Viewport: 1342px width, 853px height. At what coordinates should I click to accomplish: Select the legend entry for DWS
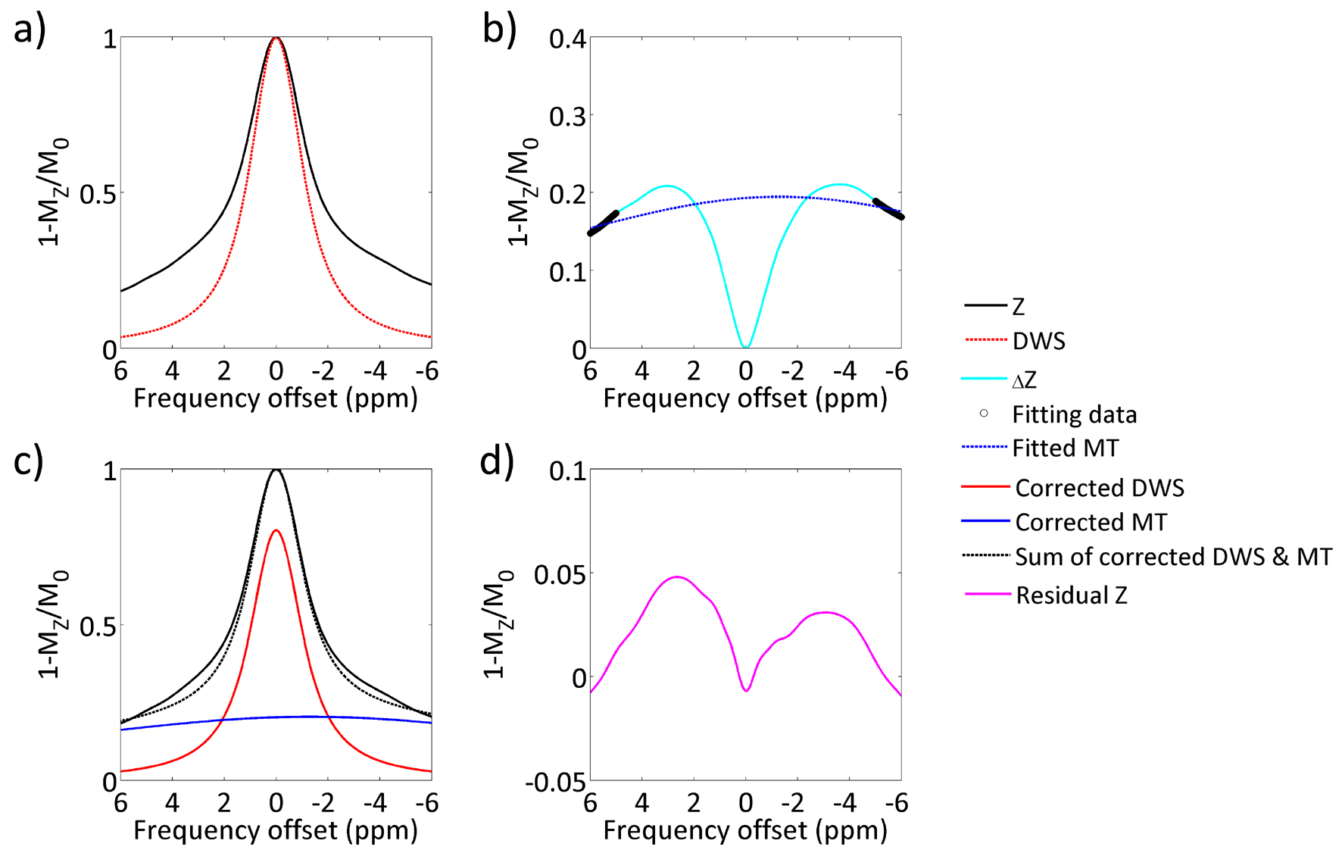tap(1038, 341)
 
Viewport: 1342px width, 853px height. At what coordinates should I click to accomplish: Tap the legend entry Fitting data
tap(1074, 414)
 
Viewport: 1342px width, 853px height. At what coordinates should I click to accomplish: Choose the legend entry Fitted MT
tap(1065, 448)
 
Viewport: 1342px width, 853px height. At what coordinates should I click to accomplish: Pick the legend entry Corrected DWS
tap(1099, 488)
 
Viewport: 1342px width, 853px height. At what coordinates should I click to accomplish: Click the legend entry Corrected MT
tap(1091, 522)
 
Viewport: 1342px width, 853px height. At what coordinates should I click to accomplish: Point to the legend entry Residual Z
tap(1071, 595)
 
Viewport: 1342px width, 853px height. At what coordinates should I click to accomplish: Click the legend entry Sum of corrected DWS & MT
tap(1173, 557)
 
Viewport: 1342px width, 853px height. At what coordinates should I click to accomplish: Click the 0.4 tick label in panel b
tap(567, 39)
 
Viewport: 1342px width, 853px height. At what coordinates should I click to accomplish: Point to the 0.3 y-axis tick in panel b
tap(567, 117)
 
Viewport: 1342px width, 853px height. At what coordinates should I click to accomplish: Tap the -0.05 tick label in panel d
tap(555, 782)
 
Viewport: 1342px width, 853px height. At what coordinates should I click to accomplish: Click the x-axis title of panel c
tap(276, 830)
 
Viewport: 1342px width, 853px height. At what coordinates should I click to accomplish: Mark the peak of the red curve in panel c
tap(276, 530)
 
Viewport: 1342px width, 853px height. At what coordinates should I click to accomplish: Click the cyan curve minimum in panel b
tap(746, 347)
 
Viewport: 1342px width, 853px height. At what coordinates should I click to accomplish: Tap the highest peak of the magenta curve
tap(677, 577)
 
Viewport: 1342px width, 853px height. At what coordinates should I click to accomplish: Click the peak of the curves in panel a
tap(276, 38)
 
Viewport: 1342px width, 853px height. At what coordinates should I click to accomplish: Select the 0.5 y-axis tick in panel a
tap(98, 195)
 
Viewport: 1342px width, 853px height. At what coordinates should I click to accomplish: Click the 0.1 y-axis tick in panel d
tap(567, 471)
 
